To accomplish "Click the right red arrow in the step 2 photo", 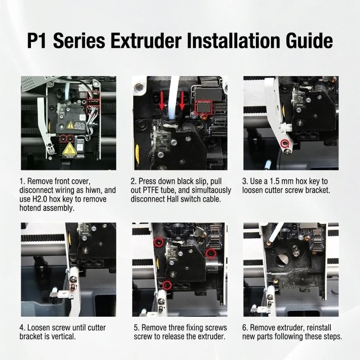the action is (x=182, y=100).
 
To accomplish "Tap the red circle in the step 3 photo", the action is (x=285, y=143).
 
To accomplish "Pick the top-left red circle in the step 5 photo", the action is (x=158, y=242).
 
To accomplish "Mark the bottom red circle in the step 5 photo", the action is (x=167, y=285).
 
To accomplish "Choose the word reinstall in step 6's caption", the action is (x=319, y=328).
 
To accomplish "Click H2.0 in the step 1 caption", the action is (x=41, y=199).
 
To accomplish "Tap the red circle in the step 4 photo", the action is (x=72, y=287).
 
